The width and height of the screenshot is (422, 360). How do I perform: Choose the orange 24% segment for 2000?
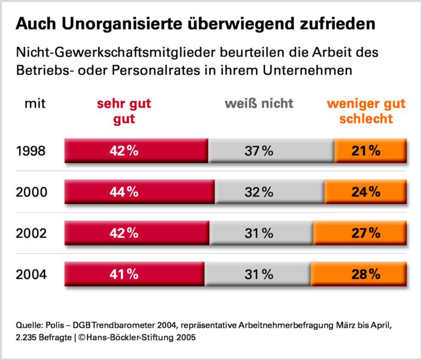(365, 192)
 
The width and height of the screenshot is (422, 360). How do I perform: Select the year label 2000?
(31, 192)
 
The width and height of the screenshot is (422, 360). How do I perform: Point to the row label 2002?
(31, 232)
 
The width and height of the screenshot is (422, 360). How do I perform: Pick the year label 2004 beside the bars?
(31, 273)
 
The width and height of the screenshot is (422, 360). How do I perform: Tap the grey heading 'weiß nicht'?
(259, 104)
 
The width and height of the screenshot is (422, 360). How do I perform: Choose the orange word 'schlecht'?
(365, 118)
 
